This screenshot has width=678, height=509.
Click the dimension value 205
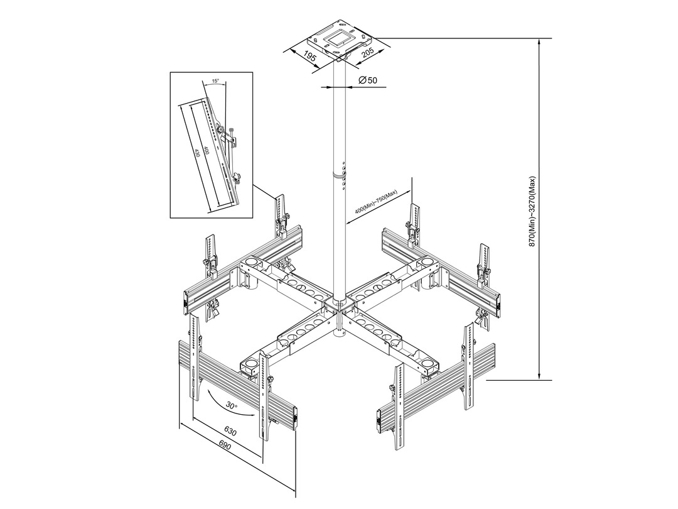[367, 53]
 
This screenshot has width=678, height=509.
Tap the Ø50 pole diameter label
[368, 80]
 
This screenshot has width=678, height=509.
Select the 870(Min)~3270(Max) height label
[533, 211]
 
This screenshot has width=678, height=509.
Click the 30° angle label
[232, 405]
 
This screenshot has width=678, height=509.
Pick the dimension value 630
[230, 431]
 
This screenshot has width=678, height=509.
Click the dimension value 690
[224, 446]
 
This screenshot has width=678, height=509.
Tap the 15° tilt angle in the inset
[215, 80]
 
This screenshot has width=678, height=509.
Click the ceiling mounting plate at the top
[340, 40]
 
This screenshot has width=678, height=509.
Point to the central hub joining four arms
[340, 307]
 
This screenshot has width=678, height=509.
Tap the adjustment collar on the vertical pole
[339, 175]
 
